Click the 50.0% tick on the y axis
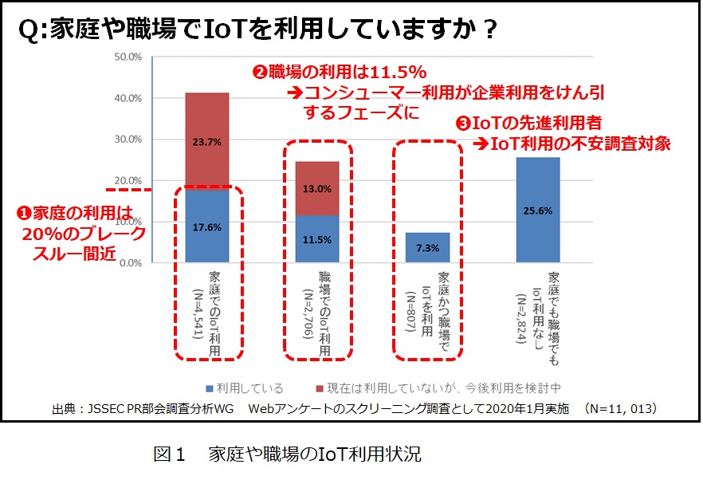[128, 57]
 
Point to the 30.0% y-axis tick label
[128, 140]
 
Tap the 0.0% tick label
[131, 262]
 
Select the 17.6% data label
[206, 226]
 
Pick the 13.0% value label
[316, 189]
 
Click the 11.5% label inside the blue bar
[316, 238]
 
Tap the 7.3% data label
[426, 247]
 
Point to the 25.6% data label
[537, 211]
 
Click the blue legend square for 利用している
[208, 388]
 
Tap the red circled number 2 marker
[259, 72]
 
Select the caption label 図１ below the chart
[169, 456]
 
